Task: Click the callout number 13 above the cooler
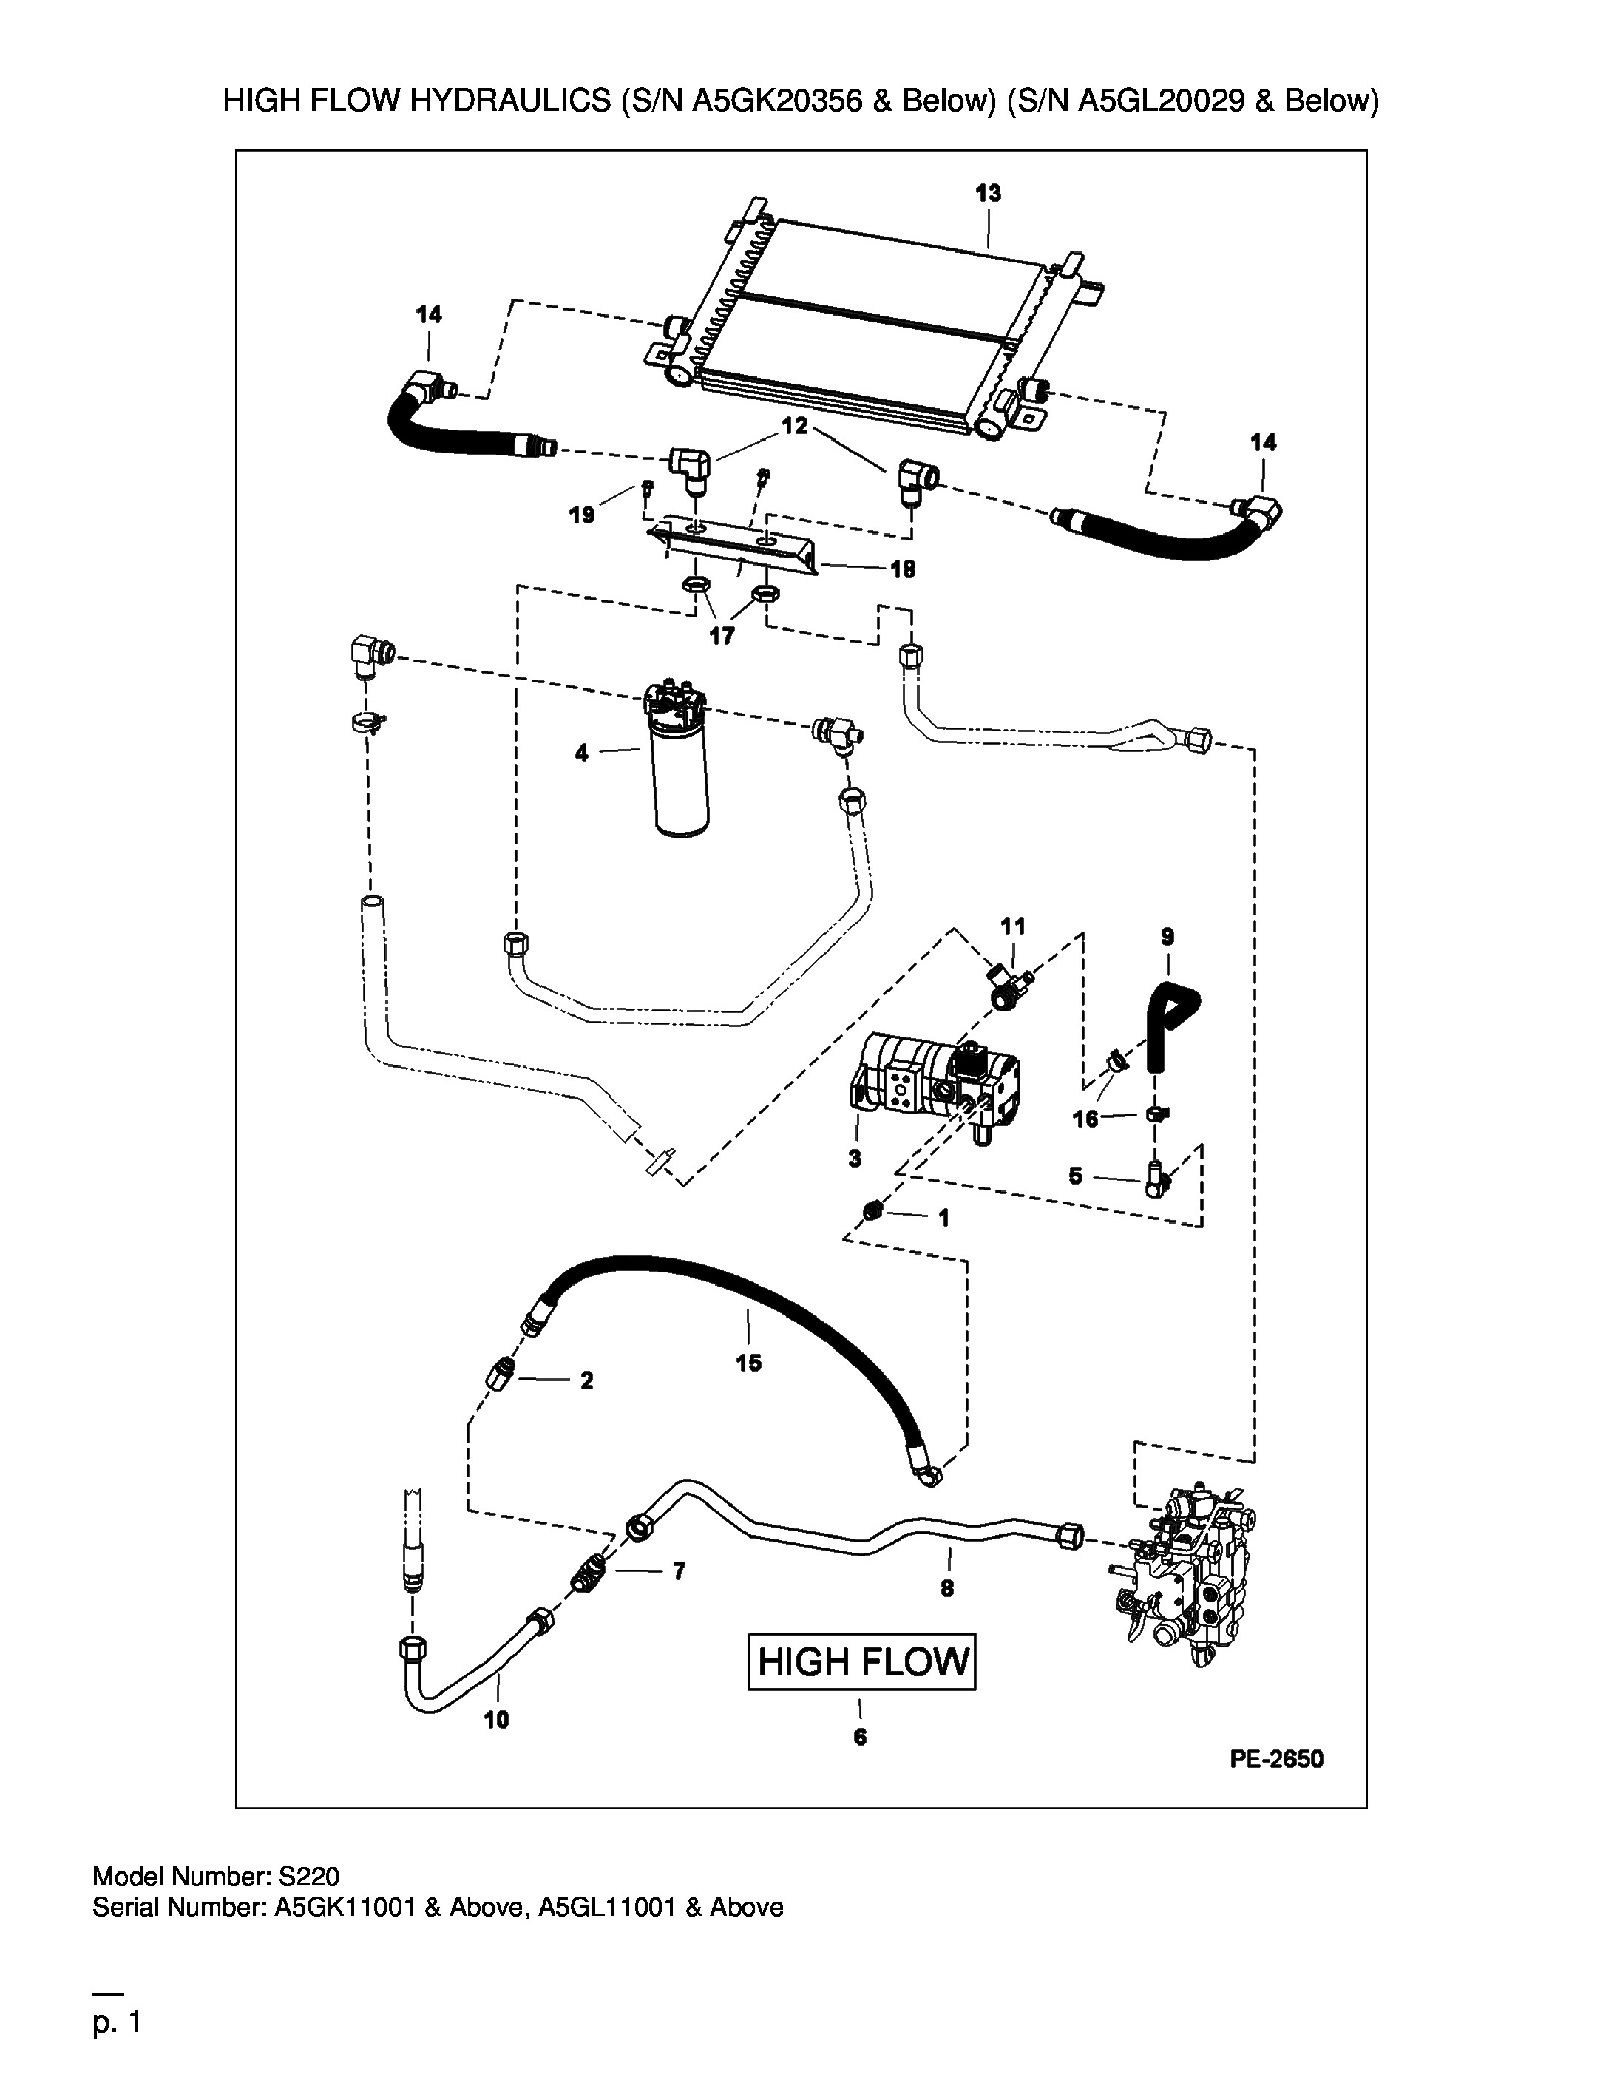[x=988, y=194]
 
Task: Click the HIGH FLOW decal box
[x=861, y=1662]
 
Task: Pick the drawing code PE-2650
[x=1276, y=1760]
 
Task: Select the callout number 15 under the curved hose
[x=748, y=1363]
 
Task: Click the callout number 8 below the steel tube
[x=947, y=1587]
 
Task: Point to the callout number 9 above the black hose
[x=1167, y=938]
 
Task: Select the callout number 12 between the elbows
[x=795, y=427]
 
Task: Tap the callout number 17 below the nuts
[x=722, y=637]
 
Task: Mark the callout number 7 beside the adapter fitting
[x=678, y=1572]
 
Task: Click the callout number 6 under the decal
[x=861, y=1737]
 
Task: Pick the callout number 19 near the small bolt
[x=581, y=515]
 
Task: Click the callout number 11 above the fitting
[x=1013, y=926]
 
